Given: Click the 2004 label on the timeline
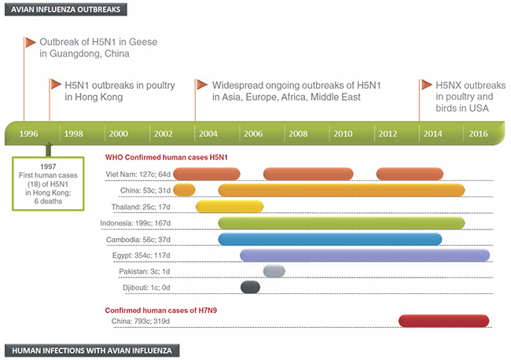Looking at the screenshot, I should tap(208, 133).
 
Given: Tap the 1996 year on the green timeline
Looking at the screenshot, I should tap(28, 133).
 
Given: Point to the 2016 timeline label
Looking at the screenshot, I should tap(478, 133).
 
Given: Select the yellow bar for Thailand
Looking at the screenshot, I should tap(229, 207).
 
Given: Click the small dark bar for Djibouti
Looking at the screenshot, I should tap(250, 287).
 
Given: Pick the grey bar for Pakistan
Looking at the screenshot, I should tap(274, 271).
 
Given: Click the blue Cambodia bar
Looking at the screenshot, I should tap(329, 239).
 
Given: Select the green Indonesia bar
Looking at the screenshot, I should tap(341, 223).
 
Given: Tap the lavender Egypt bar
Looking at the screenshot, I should tap(365, 255).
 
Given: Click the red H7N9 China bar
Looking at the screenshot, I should tap(444, 320).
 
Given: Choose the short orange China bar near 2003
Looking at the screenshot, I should tap(184, 189).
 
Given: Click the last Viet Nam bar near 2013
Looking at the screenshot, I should tap(410, 174).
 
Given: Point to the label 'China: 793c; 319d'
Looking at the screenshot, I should tap(140, 321).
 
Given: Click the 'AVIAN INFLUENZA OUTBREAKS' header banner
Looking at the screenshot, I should tap(62, 9).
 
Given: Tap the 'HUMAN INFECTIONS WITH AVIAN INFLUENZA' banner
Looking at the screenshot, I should tap(93, 351).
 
